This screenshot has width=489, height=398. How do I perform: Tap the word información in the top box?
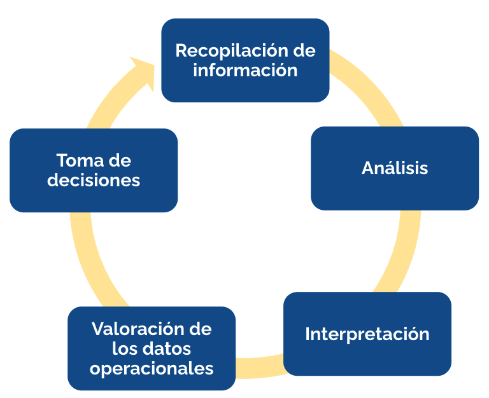245,70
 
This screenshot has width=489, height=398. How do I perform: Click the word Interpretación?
367,335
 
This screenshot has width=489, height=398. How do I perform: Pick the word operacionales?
152,369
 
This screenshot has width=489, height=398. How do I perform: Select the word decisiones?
94,180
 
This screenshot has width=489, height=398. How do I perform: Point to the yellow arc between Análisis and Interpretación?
402,252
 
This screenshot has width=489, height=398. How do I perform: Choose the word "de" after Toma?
120,160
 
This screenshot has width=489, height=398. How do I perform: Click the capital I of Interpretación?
307,334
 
